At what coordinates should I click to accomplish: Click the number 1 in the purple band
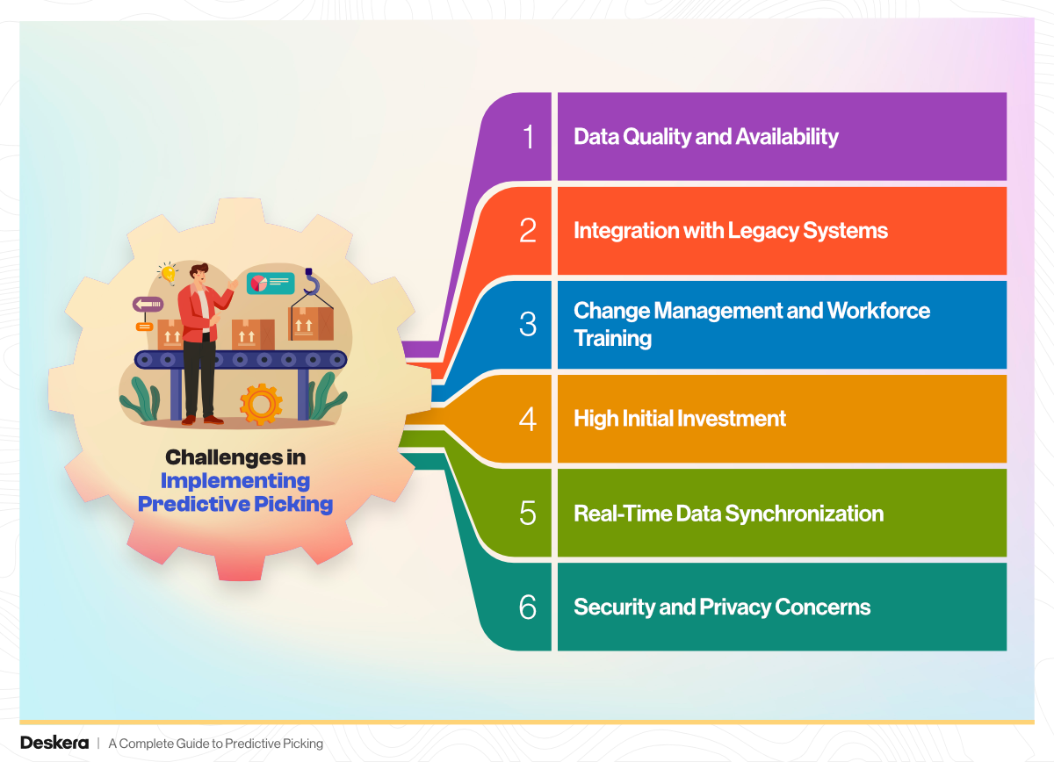(x=529, y=137)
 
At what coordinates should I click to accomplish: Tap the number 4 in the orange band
(x=528, y=419)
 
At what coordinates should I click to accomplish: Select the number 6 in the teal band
(x=528, y=607)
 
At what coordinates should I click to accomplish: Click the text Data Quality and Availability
(x=706, y=137)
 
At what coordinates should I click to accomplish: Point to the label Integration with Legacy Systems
(x=731, y=231)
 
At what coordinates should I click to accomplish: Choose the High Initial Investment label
(x=680, y=419)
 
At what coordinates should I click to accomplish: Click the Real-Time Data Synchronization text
(x=728, y=514)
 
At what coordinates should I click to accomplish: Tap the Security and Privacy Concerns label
(x=722, y=607)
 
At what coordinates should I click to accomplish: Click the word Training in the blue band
(x=613, y=339)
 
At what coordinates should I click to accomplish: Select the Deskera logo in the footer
(x=54, y=744)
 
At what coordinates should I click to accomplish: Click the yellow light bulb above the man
(x=168, y=274)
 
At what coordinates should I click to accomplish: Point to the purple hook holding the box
(x=311, y=281)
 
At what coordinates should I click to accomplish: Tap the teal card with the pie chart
(x=271, y=284)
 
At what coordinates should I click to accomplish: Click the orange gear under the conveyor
(x=261, y=404)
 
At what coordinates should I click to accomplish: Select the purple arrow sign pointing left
(x=148, y=305)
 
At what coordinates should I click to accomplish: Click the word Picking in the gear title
(x=293, y=504)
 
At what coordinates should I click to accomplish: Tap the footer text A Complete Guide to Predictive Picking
(x=215, y=744)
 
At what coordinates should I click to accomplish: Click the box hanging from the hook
(x=311, y=324)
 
